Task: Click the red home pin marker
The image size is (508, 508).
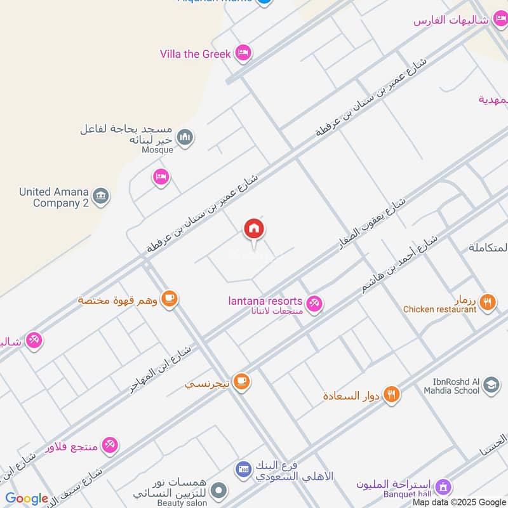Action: tap(254, 229)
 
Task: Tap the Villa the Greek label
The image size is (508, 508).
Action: tap(195, 54)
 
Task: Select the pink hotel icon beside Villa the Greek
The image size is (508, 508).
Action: tap(242, 53)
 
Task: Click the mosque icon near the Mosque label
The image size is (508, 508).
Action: tap(185, 137)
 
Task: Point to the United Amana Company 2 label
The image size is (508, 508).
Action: tap(54, 197)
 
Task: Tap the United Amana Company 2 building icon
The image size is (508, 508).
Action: tap(100, 197)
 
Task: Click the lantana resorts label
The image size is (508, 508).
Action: tap(265, 300)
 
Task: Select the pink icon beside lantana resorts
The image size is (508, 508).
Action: tap(314, 304)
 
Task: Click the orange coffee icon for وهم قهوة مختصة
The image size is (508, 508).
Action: tap(169, 298)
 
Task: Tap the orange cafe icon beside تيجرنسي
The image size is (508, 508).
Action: tap(241, 382)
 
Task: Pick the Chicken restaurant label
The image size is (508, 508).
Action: tap(439, 309)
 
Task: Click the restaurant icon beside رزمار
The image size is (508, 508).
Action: tap(488, 302)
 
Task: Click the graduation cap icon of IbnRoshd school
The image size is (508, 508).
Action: tap(491, 385)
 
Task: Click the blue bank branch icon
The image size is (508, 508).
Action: tap(242, 471)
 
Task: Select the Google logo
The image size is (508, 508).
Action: tap(27, 499)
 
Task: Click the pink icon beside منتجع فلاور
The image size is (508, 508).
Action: tap(110, 446)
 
